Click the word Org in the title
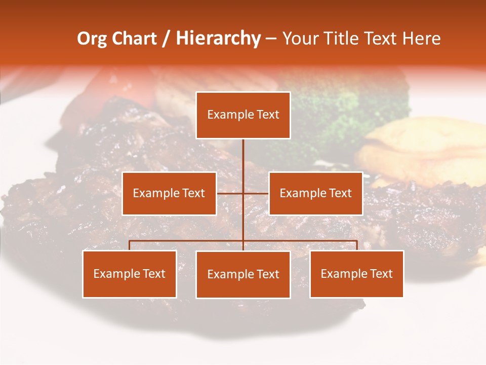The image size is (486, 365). click(x=92, y=39)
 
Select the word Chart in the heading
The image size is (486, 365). click(x=134, y=39)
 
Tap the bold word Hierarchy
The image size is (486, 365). click(x=218, y=39)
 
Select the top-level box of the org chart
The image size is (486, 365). click(x=243, y=115)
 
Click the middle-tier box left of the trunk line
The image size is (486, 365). click(x=169, y=193)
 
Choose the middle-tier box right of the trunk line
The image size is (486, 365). click(x=315, y=193)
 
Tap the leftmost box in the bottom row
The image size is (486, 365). click(x=130, y=274)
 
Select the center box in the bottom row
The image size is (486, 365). click(x=243, y=274)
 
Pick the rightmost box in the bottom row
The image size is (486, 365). click(x=356, y=274)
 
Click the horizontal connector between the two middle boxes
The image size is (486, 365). click(x=230, y=193)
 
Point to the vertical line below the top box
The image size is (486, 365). click(x=243, y=157)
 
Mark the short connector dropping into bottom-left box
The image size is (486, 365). click(x=130, y=245)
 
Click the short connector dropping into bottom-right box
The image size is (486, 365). click(x=357, y=245)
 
